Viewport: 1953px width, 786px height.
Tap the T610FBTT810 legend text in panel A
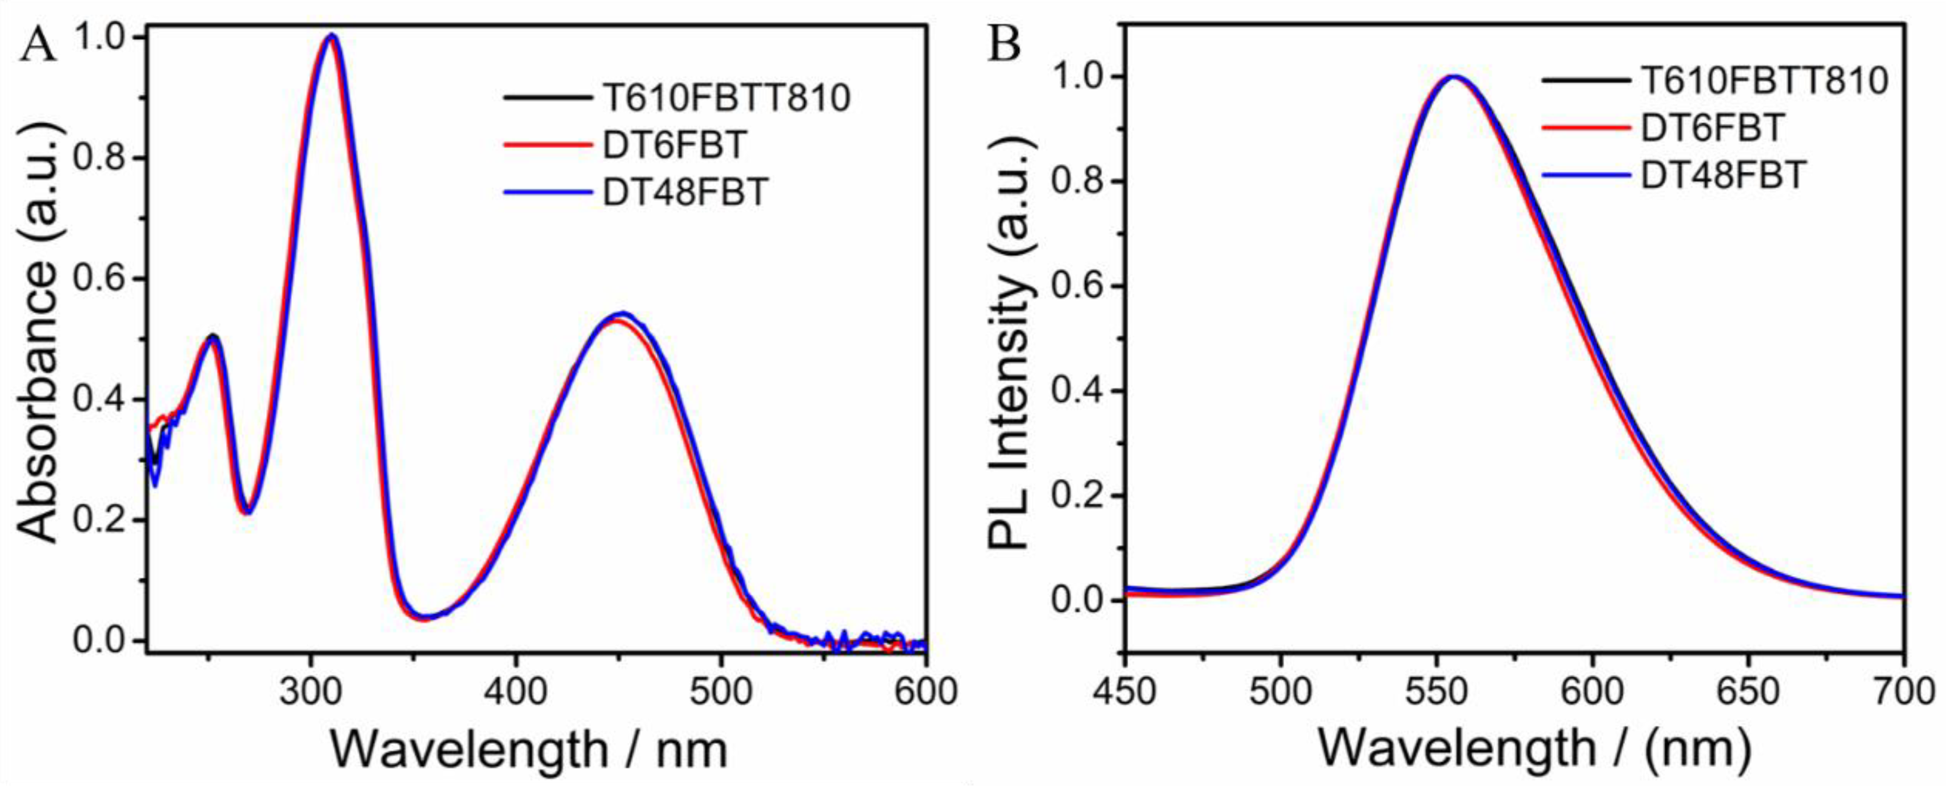(x=726, y=98)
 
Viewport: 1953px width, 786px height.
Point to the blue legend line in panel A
(x=546, y=192)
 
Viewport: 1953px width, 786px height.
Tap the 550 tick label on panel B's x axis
(x=1437, y=693)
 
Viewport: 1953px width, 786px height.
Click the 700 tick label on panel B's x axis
(x=1903, y=693)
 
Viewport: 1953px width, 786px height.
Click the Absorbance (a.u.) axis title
(x=38, y=334)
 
